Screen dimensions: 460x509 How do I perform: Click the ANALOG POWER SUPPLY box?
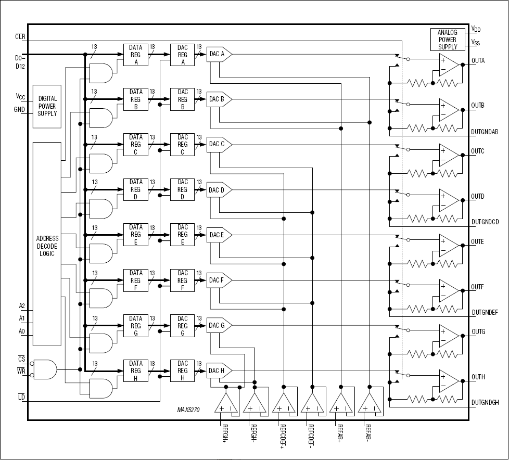pos(448,40)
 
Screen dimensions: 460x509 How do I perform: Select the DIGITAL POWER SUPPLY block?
pos(47,106)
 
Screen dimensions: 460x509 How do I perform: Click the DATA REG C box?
pos(135,145)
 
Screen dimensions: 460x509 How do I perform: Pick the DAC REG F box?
pos(182,280)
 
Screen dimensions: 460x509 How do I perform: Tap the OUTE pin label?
pos(478,242)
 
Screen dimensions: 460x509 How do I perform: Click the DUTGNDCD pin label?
pos(485,222)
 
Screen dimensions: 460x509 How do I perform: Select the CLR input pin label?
pos(21,36)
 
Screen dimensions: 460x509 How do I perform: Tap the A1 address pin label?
pos(22,317)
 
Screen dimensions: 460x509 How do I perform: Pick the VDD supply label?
pos(476,29)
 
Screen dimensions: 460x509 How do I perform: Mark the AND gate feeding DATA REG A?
pos(101,73)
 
